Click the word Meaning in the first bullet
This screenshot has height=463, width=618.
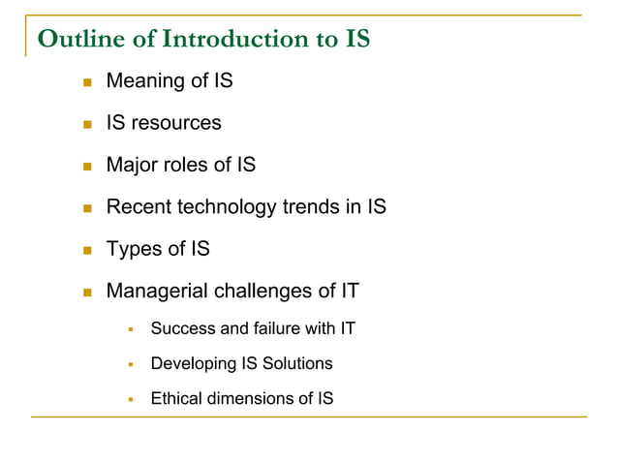pos(143,81)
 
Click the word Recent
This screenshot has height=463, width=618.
pos(138,206)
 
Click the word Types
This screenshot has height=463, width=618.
pos(133,249)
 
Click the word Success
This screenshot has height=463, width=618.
pos(183,329)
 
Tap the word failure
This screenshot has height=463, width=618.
pos(276,329)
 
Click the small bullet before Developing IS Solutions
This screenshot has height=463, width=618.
pos(130,365)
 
